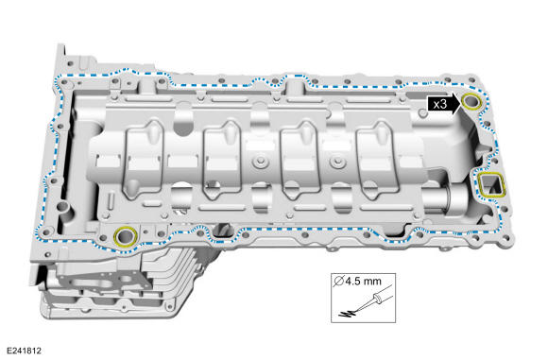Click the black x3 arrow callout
pos(443,104)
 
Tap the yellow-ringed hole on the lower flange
pos(125,236)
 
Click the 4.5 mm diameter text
pos(364,281)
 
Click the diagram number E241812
pos(24,351)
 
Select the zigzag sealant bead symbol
pos(348,313)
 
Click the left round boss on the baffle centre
pos(259,162)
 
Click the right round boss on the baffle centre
pos(337,162)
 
